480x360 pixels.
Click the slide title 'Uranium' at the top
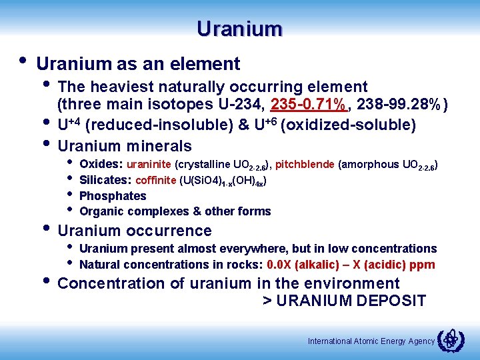(240, 29)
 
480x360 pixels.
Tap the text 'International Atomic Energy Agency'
(371, 341)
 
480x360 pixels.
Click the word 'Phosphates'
(113, 196)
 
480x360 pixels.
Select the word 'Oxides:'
(99, 164)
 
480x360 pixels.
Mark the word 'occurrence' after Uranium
(171, 231)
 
